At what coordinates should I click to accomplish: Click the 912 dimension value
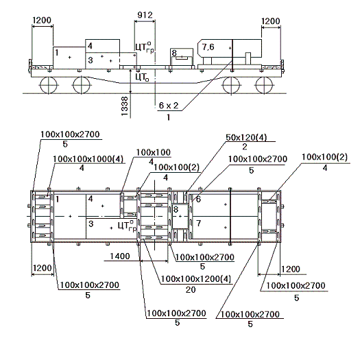(145, 15)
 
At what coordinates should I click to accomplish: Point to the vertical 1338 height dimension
(124, 106)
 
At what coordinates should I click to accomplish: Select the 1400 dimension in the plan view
(120, 256)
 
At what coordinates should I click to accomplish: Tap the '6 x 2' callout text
(169, 106)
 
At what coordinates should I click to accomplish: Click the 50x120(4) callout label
(246, 138)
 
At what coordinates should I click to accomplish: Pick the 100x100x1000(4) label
(88, 159)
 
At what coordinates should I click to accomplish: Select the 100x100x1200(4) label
(196, 279)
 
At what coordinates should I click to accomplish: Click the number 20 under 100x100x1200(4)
(191, 290)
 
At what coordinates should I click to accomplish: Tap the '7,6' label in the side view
(208, 47)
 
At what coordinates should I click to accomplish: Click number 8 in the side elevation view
(174, 53)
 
